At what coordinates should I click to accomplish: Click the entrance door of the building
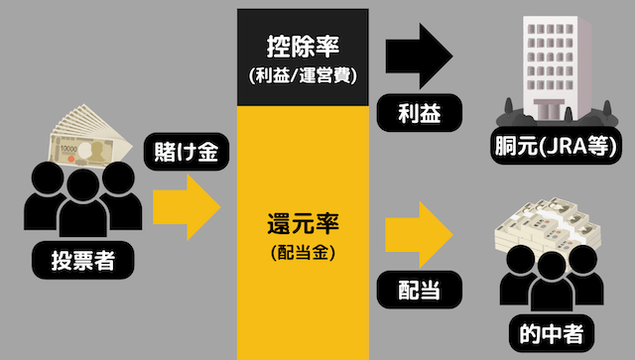point(552,106)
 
